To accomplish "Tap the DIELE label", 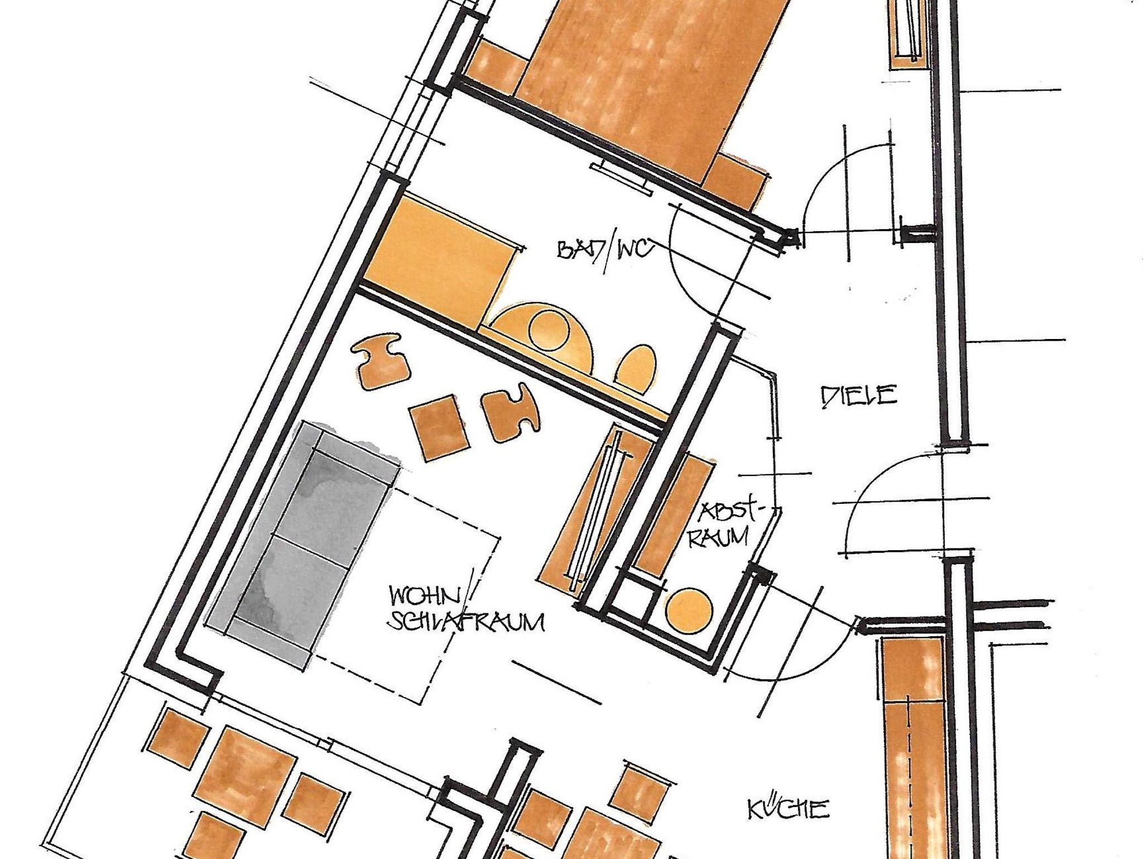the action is (859, 396).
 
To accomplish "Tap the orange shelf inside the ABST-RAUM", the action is (674, 511).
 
